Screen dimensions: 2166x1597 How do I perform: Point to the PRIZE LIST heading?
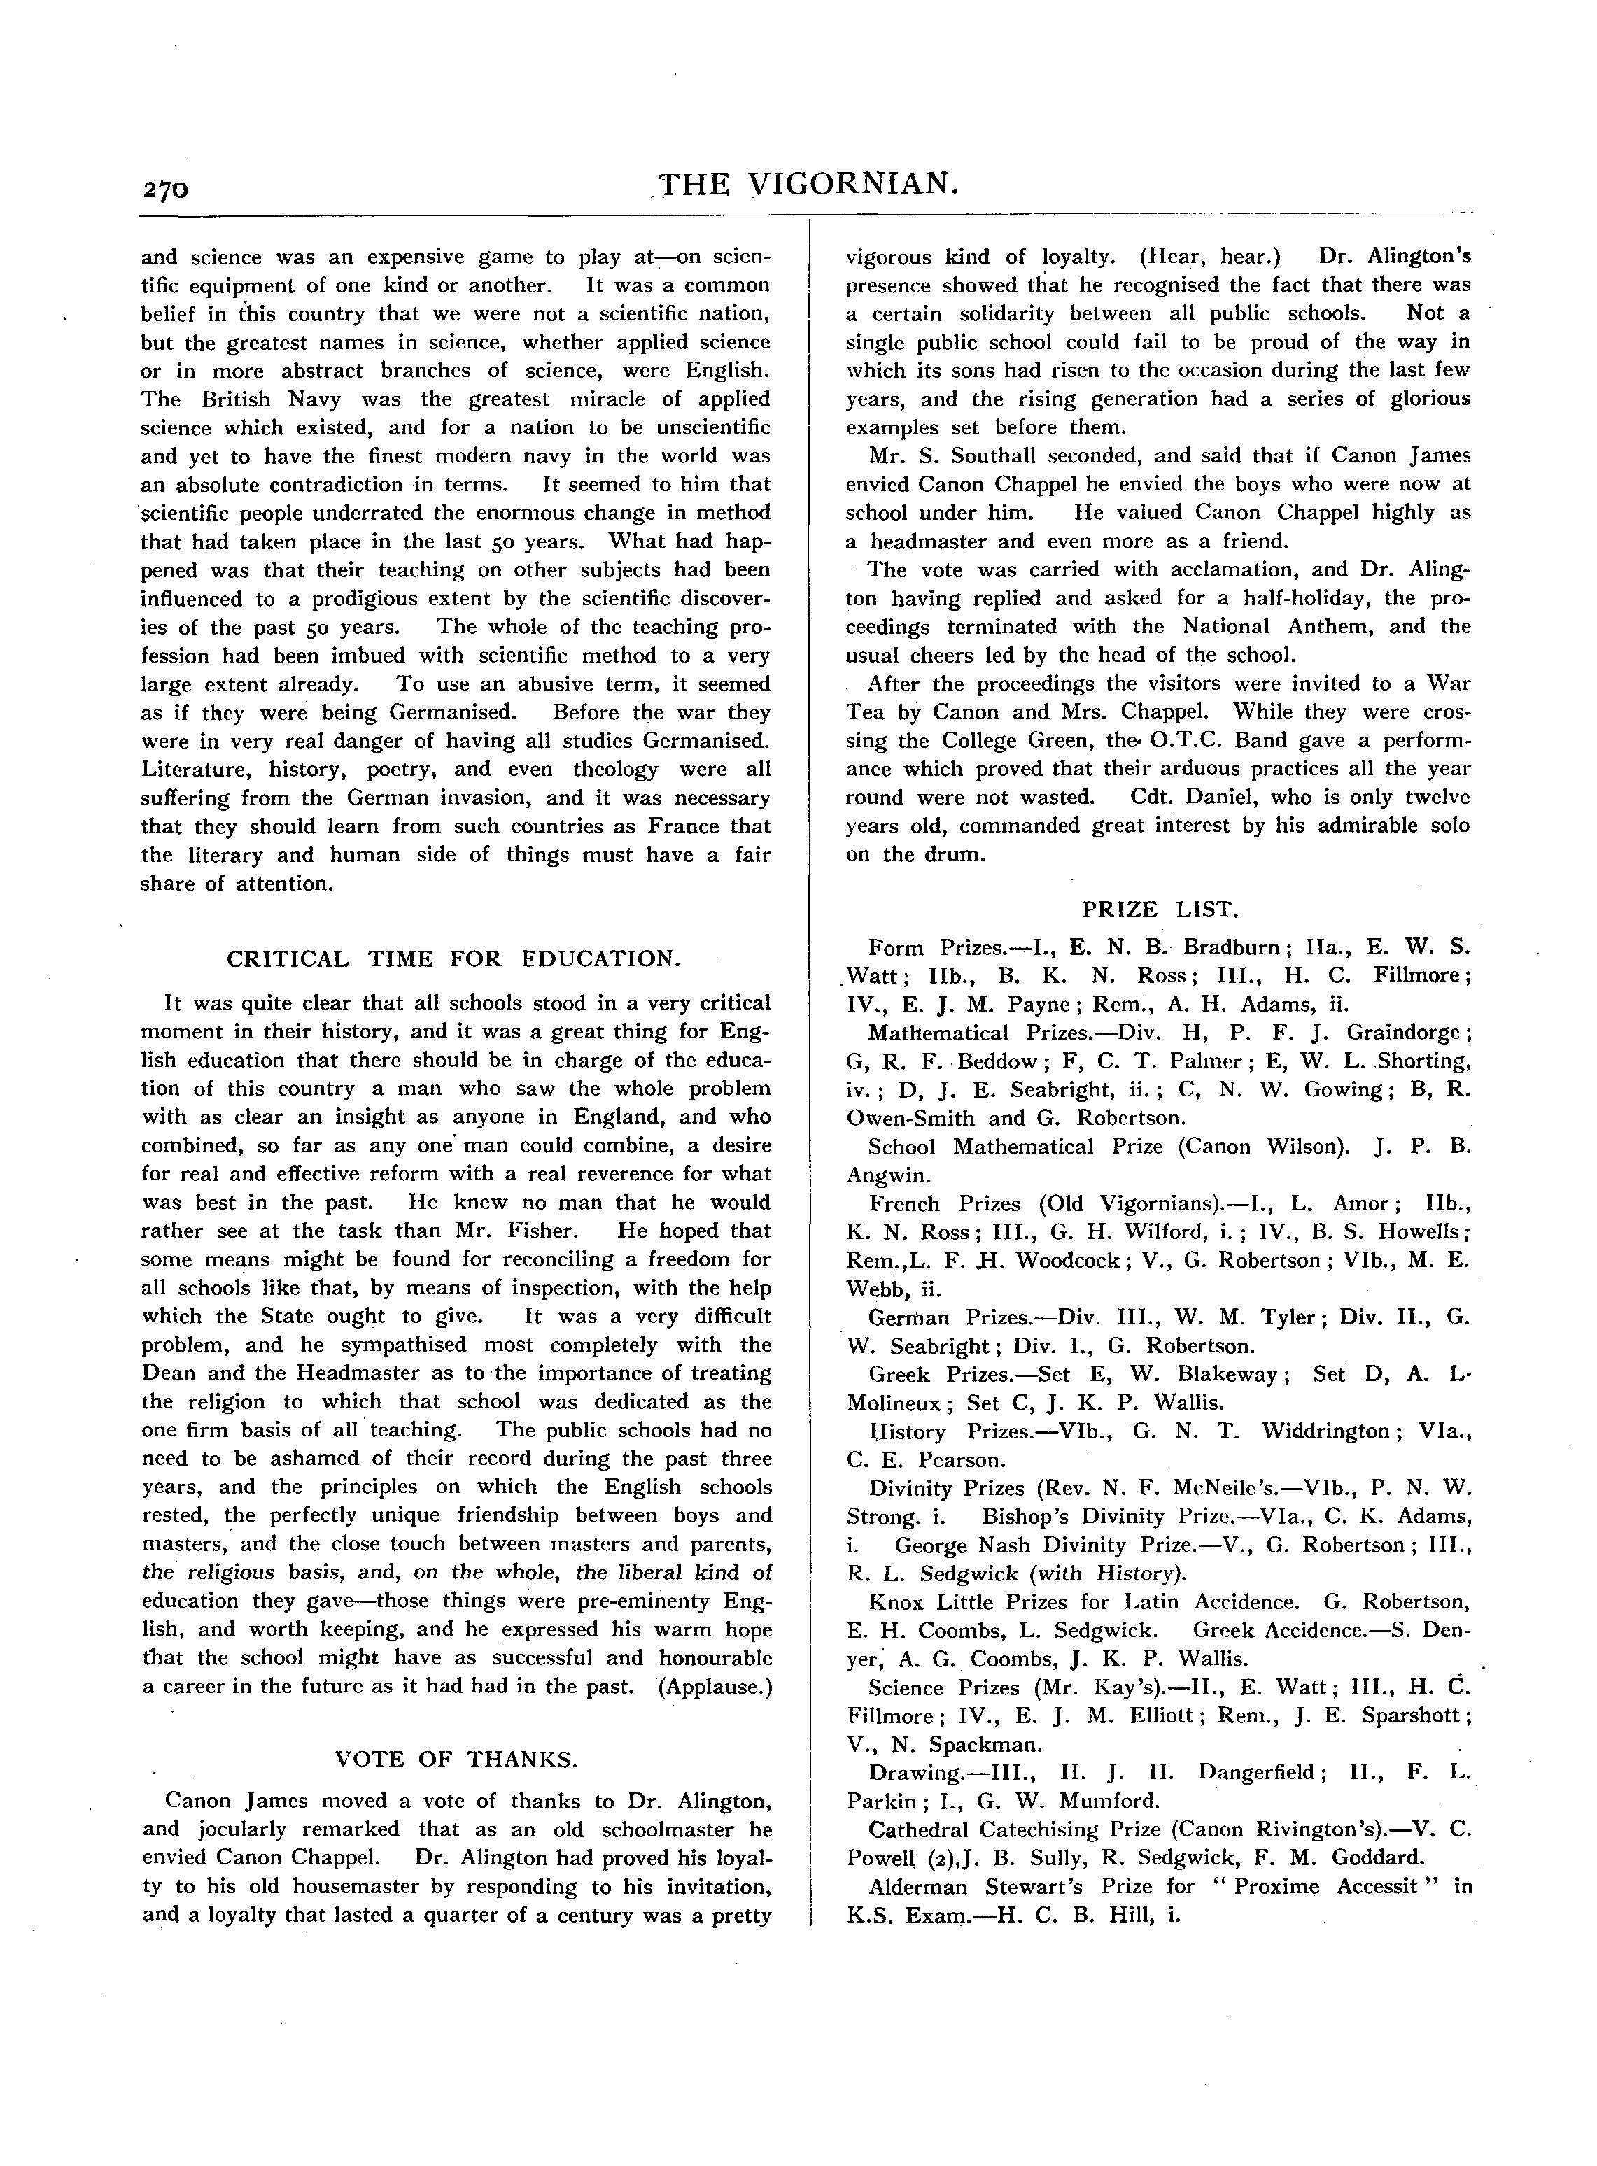[1159, 909]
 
